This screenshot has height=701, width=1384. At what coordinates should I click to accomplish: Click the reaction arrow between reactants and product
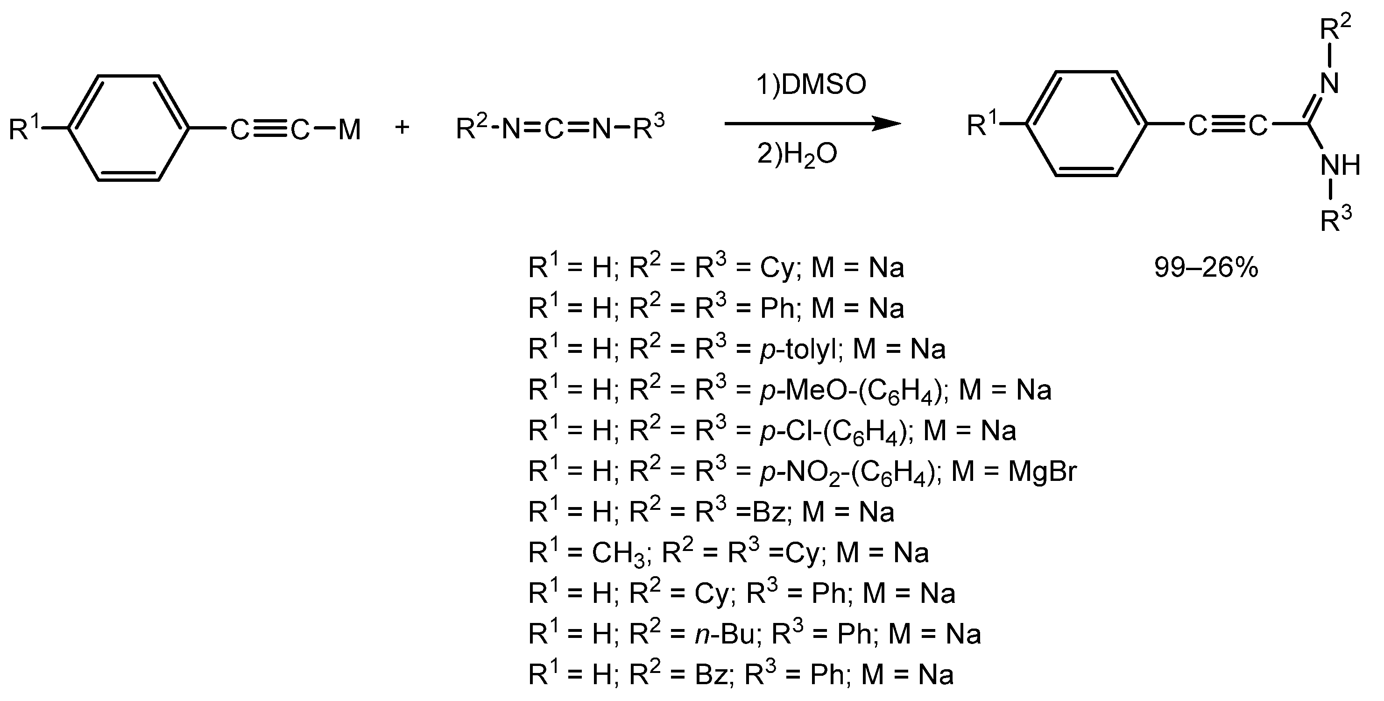[811, 124]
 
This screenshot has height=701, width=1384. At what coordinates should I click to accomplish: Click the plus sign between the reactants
[402, 128]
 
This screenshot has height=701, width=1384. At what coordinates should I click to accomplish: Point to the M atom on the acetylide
[349, 130]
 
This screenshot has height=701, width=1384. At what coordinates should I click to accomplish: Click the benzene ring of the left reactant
[129, 129]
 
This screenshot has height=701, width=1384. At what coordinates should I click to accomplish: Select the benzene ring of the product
[1087, 124]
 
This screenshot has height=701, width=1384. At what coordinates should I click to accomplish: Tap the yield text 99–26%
[1206, 268]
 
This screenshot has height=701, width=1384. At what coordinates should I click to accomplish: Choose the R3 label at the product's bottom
[1335, 219]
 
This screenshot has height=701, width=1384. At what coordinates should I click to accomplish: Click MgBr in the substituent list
[1042, 472]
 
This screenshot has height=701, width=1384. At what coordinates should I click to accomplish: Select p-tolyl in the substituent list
[798, 350]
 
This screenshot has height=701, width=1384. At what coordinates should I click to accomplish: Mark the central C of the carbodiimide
[554, 129]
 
